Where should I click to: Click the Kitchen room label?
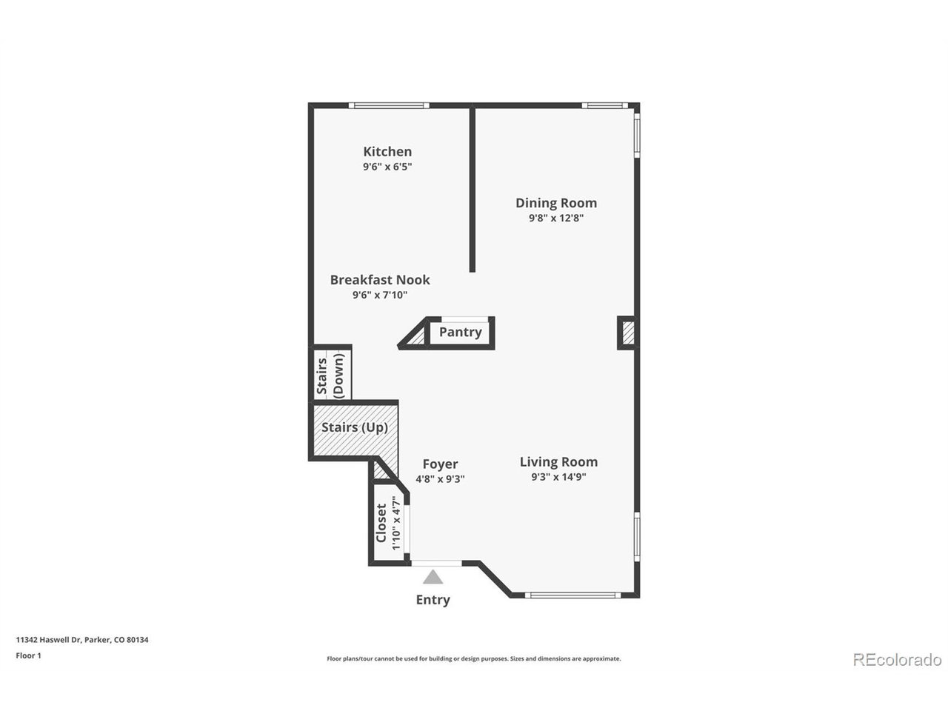(387, 152)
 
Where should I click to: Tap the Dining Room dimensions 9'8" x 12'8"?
(555, 218)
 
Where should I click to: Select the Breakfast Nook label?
(380, 280)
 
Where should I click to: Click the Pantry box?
(460, 333)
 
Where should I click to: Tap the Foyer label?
(440, 464)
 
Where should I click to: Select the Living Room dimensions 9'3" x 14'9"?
(558, 478)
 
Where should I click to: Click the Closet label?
(381, 523)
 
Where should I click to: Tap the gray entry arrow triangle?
(433, 577)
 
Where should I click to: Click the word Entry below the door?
(433, 600)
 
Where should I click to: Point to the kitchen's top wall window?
(389, 106)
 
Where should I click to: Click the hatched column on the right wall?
(627, 333)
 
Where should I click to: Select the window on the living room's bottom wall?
(572, 595)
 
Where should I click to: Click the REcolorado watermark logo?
(897, 659)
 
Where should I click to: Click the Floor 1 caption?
(29, 655)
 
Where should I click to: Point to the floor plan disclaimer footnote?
(474, 658)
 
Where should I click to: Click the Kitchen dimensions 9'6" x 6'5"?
(387, 167)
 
